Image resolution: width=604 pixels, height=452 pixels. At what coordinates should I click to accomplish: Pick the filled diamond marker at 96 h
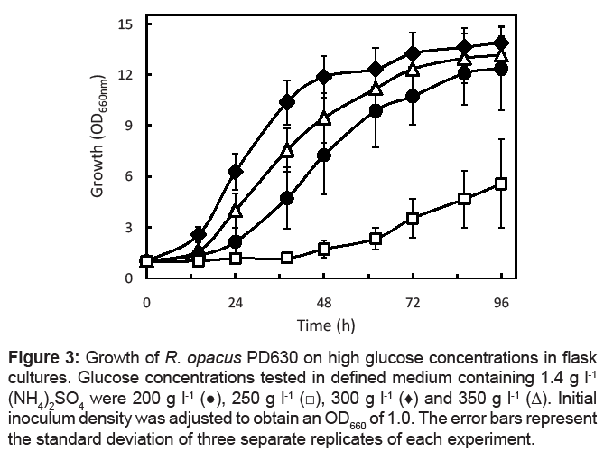click(501, 43)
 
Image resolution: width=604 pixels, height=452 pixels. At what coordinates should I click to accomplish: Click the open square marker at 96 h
click(501, 184)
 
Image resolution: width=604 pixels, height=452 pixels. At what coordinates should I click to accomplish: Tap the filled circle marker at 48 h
click(324, 155)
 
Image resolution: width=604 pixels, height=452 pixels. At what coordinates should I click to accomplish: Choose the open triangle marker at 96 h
click(501, 54)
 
